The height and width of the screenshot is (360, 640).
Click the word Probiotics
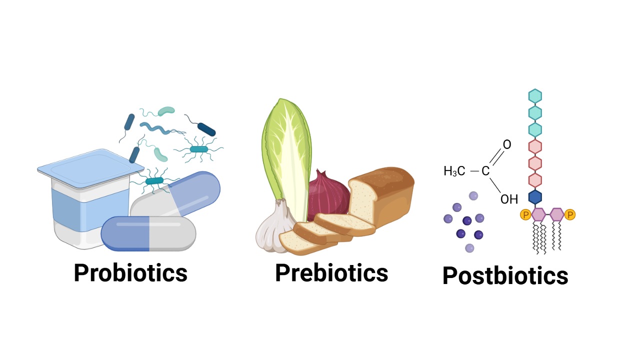(130, 273)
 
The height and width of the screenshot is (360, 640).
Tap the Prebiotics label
(331, 273)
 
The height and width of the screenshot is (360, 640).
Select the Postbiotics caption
(505, 275)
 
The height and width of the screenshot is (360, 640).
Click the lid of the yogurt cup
(90, 168)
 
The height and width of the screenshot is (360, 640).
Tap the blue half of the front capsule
(125, 233)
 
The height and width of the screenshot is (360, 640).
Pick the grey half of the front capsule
(172, 234)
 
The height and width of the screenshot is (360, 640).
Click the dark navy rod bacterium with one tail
(206, 129)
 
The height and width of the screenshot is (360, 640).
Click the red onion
(328, 195)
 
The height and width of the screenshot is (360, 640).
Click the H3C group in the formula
(454, 171)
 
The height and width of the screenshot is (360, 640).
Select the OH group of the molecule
(509, 199)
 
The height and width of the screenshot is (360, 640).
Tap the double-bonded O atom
(507, 144)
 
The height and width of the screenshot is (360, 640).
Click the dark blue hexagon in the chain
(535, 197)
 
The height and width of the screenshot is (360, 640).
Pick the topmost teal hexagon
(535, 96)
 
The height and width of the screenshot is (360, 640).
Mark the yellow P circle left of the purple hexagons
(525, 214)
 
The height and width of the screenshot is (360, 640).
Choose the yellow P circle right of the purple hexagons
(569, 214)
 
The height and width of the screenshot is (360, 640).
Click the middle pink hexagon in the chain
(535, 163)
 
